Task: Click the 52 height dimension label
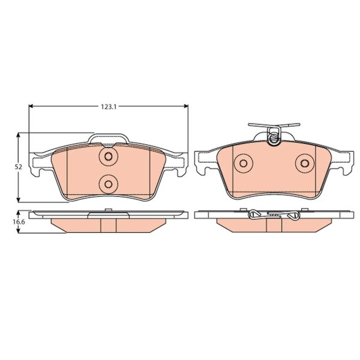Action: (19, 167)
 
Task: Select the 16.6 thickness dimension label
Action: (19, 222)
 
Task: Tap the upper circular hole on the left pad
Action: (109, 157)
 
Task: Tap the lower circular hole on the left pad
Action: (109, 184)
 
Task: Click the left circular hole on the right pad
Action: (244, 163)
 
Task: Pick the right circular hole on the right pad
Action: (305, 163)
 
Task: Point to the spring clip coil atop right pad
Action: (274, 137)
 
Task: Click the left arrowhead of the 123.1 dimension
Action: (31, 106)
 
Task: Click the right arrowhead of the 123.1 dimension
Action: (186, 106)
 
